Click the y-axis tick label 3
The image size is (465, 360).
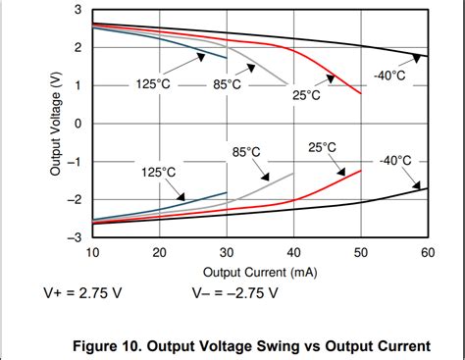pyautogui.click(x=77, y=10)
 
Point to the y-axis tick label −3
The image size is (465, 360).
pyautogui.click(x=75, y=236)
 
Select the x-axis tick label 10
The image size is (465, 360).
pyautogui.click(x=92, y=252)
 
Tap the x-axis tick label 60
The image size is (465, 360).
pyautogui.click(x=427, y=252)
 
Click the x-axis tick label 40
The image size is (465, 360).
pyautogui.click(x=293, y=252)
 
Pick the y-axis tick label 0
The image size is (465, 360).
pyautogui.click(x=77, y=124)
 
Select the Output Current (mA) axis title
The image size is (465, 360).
pyautogui.click(x=259, y=272)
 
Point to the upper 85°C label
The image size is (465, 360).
pyautogui.click(x=228, y=85)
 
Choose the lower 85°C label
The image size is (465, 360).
pyautogui.click(x=246, y=152)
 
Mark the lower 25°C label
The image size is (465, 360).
pyautogui.click(x=322, y=147)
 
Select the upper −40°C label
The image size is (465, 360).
pyautogui.click(x=388, y=76)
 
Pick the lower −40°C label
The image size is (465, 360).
pyautogui.click(x=396, y=160)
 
